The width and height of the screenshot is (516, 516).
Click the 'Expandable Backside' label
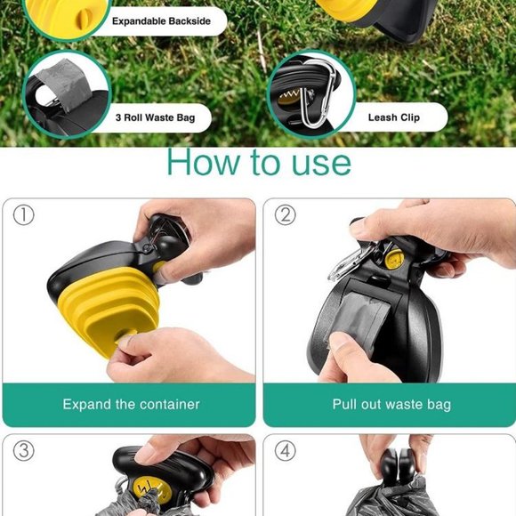tap(161, 21)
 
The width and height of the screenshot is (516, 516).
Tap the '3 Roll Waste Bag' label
tap(156, 117)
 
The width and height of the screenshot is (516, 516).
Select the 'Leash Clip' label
tap(394, 117)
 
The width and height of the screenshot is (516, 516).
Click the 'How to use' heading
tap(259, 162)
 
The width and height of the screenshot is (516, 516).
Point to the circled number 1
tap(23, 215)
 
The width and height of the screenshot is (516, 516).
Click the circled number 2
tap(285, 215)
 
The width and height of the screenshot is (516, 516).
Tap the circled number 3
tap(23, 450)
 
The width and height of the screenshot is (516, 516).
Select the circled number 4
tap(285, 450)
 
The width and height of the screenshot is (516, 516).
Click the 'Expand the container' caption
tap(131, 405)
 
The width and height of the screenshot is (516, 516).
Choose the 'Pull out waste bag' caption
tap(391, 405)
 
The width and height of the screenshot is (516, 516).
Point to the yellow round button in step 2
tap(394, 258)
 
